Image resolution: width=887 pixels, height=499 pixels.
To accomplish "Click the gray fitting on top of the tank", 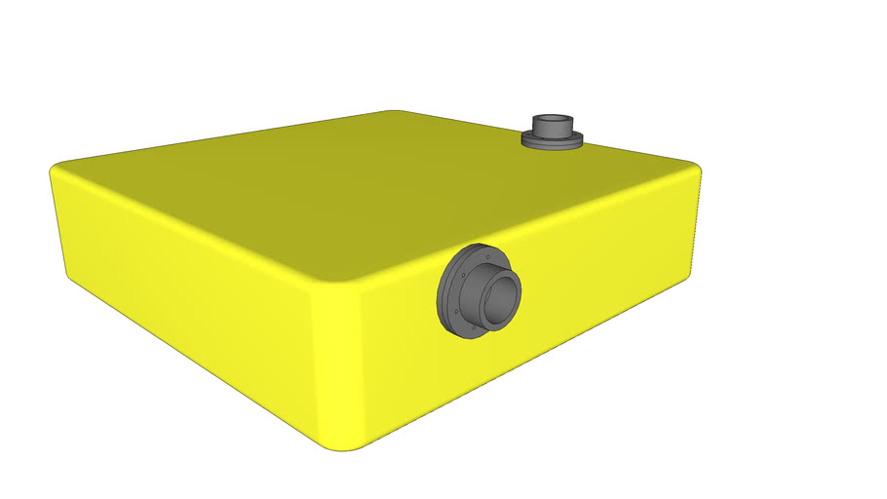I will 552,131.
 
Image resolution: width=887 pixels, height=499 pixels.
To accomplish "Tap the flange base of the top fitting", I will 552,142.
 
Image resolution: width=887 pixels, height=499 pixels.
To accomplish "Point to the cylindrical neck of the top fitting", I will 552,129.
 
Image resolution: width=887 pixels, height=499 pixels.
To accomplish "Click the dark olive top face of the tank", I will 370,195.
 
